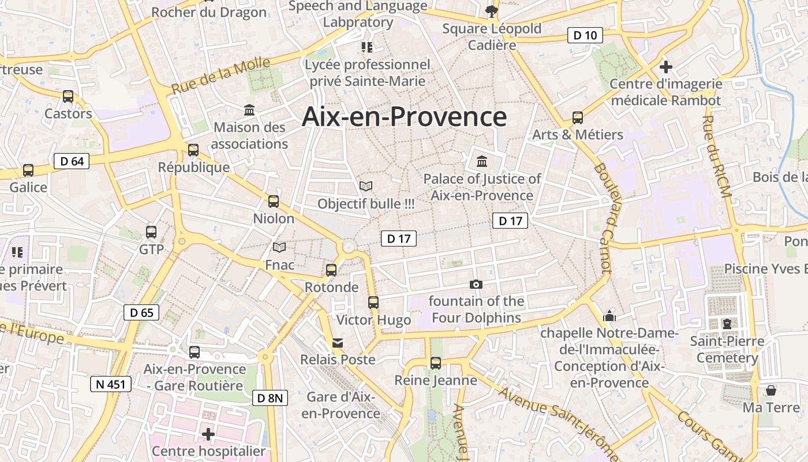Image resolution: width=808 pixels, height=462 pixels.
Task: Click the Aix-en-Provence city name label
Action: [404, 117]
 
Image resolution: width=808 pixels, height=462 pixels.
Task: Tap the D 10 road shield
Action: [585, 35]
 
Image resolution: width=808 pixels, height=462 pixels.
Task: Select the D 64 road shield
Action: [72, 161]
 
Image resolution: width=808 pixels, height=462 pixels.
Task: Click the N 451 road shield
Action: [111, 384]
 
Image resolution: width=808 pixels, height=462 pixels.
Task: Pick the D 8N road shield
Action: [270, 397]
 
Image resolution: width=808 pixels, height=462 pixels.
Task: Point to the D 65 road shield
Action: [141, 313]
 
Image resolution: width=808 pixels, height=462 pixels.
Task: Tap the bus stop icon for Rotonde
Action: [331, 270]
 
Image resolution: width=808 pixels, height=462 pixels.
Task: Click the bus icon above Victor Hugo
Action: [373, 302]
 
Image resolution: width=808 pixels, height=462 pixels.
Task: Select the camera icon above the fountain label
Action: [476, 284]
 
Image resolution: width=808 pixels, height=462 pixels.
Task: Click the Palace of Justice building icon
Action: [482, 161]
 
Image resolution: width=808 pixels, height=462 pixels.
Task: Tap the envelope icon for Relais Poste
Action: [338, 343]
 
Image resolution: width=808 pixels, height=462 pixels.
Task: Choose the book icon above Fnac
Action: [279, 248]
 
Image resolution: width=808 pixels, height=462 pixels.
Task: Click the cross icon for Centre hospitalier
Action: [208, 434]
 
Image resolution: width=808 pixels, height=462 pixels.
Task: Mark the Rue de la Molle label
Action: [221, 76]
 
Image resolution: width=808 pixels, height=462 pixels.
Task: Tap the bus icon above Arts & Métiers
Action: [578, 118]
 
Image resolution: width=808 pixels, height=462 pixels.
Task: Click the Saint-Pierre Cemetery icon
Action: [727, 324]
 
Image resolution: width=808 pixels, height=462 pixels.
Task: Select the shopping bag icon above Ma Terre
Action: [771, 390]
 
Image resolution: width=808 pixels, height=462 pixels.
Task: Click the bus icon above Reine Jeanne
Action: [436, 363]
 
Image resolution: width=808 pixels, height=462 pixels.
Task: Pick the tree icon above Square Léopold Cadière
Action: [491, 11]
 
